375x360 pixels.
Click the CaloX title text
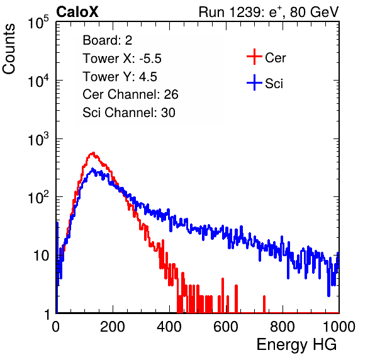tap(77, 12)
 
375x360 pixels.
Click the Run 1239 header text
tap(269, 12)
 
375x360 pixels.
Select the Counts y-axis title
tap(9, 49)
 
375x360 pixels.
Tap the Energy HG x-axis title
tap(296, 345)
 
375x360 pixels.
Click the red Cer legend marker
tap(254, 57)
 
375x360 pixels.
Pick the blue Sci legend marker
tap(254, 82)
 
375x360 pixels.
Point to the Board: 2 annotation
tap(107, 40)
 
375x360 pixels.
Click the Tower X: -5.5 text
tap(122, 59)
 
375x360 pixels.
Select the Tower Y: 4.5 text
tap(120, 77)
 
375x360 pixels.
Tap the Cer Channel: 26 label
tap(130, 94)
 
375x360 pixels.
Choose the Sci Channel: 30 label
tap(129, 113)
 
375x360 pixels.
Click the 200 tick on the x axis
tap(113, 327)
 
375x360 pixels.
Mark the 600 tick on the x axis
tap(226, 327)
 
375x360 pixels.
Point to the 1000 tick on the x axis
tap(339, 327)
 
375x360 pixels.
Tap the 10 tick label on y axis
tap(41, 256)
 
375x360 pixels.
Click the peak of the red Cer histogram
tap(93, 153)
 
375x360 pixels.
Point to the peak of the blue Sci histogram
tap(92, 169)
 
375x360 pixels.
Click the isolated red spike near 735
tap(264, 304)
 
